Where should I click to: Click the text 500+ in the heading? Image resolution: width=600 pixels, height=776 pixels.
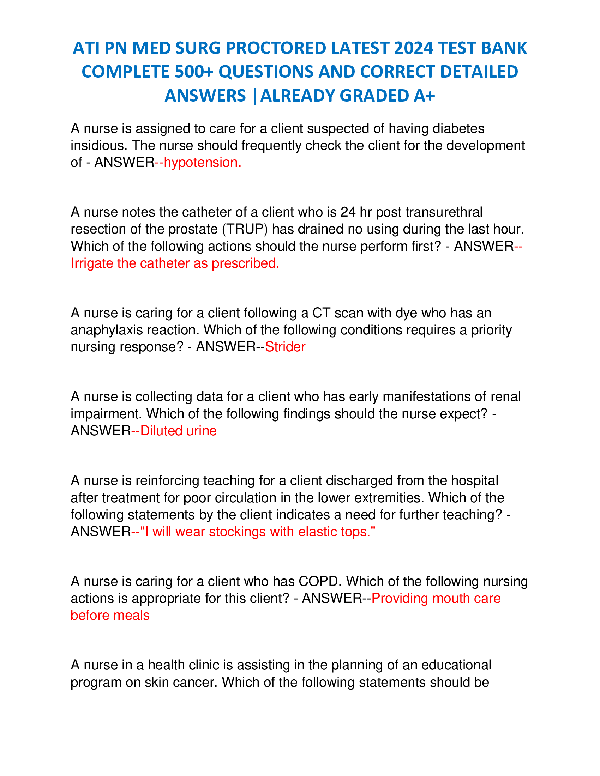[x=194, y=72]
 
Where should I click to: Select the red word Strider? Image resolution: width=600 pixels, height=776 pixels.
[x=285, y=347]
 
